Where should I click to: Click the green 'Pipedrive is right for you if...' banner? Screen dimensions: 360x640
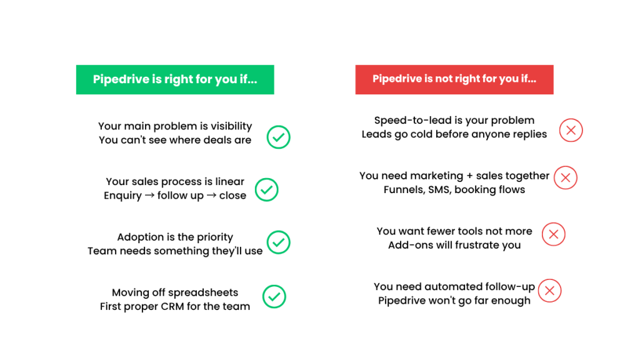pos(175,79)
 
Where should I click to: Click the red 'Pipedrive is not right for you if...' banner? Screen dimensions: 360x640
pos(454,79)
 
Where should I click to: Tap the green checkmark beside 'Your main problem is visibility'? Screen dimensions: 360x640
pos(278,137)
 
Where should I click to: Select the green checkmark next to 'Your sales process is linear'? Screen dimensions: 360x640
pos(266,189)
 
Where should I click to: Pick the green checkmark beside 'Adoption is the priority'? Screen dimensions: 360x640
pos(278,242)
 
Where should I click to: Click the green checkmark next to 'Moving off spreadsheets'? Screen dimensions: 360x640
pos(274,297)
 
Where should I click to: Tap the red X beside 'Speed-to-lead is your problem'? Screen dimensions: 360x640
pos(571,131)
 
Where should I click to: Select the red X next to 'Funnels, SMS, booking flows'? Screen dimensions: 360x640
pos(566,177)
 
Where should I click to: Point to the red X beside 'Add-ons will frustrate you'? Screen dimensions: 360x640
pos(553,234)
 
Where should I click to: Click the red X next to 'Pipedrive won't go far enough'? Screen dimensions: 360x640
pos(550,291)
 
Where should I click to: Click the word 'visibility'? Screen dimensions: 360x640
pos(229,126)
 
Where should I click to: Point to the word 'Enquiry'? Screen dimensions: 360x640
pos(122,196)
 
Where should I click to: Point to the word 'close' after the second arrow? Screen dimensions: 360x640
pos(232,196)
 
